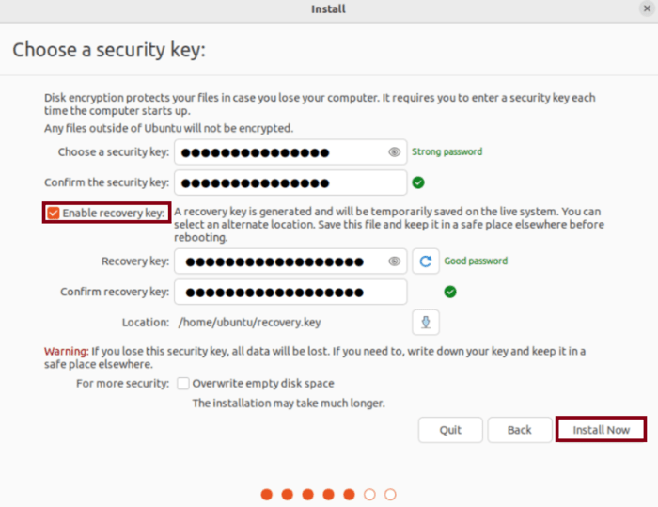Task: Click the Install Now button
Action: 601,430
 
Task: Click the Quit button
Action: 450,430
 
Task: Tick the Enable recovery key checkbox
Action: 54,214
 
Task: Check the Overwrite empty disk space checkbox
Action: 184,384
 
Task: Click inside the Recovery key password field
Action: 282,261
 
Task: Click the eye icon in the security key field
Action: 395,152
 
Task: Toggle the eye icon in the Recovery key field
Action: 395,261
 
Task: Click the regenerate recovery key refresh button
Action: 426,261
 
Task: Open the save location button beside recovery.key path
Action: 426,323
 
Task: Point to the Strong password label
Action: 446,151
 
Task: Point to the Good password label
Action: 476,261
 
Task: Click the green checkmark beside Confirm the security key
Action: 418,182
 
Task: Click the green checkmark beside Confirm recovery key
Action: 450,292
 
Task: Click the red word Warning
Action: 66,351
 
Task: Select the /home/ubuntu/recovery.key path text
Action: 249,323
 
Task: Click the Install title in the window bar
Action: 328,9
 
